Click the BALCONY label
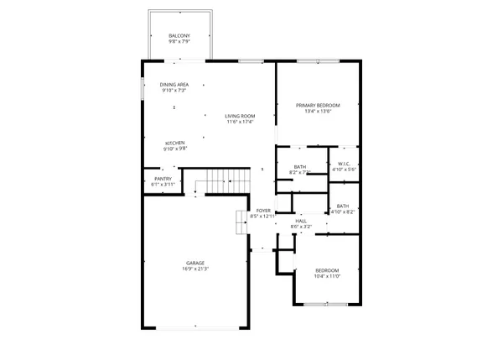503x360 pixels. pos(179,35)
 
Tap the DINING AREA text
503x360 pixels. pos(174,84)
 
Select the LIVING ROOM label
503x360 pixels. pos(240,116)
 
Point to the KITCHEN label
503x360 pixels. pos(174,143)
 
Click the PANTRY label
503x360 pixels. pos(163,179)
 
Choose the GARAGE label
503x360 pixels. pos(194,263)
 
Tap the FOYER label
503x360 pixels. pos(263,210)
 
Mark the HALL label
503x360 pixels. pos(301,221)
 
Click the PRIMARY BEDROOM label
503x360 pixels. pos(314,105)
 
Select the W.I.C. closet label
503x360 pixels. pos(344,163)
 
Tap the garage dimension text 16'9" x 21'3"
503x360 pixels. pos(194,269)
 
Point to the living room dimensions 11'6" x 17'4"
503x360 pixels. pos(240,123)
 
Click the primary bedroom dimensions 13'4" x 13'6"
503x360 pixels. pos(314,111)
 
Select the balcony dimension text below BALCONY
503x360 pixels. pos(179,41)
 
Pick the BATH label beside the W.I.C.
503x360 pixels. pos(299,166)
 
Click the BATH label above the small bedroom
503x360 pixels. pos(343,206)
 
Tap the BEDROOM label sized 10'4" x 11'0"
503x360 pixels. pos(326,269)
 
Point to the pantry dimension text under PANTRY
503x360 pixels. pos(163,185)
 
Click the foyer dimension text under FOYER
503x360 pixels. pos(263,217)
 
